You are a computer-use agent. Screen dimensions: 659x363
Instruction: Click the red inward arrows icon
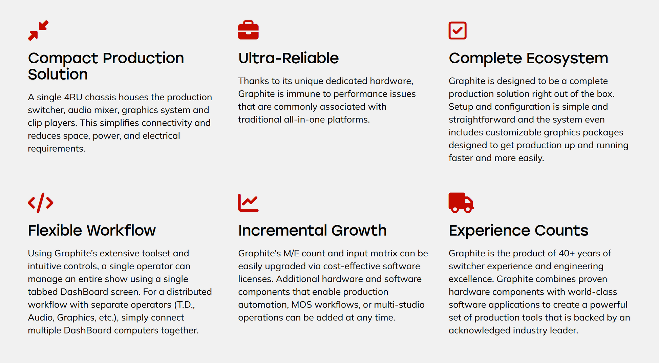coord(38,30)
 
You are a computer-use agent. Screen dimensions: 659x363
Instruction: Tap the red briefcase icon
coord(248,30)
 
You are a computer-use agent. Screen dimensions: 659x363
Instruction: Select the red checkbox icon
coord(458,30)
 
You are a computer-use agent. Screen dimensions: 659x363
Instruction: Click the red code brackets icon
coord(41,203)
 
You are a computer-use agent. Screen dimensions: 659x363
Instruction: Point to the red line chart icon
coord(248,203)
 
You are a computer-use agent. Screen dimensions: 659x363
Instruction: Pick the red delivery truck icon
coord(461,203)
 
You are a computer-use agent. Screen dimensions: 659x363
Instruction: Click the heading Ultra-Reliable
coord(289,58)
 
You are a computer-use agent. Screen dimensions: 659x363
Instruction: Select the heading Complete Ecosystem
coord(528,58)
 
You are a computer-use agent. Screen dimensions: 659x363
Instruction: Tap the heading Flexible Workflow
coord(92,231)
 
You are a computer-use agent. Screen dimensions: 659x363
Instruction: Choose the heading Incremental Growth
coord(312,231)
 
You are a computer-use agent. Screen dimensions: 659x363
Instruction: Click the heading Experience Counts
coord(518,231)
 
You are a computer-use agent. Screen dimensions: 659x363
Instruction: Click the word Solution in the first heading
coord(58,74)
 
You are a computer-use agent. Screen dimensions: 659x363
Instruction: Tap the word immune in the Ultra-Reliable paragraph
coord(300,94)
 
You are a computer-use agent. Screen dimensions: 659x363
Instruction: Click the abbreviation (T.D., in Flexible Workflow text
coord(185,305)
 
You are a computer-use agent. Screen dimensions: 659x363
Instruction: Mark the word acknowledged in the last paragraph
coord(480,330)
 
